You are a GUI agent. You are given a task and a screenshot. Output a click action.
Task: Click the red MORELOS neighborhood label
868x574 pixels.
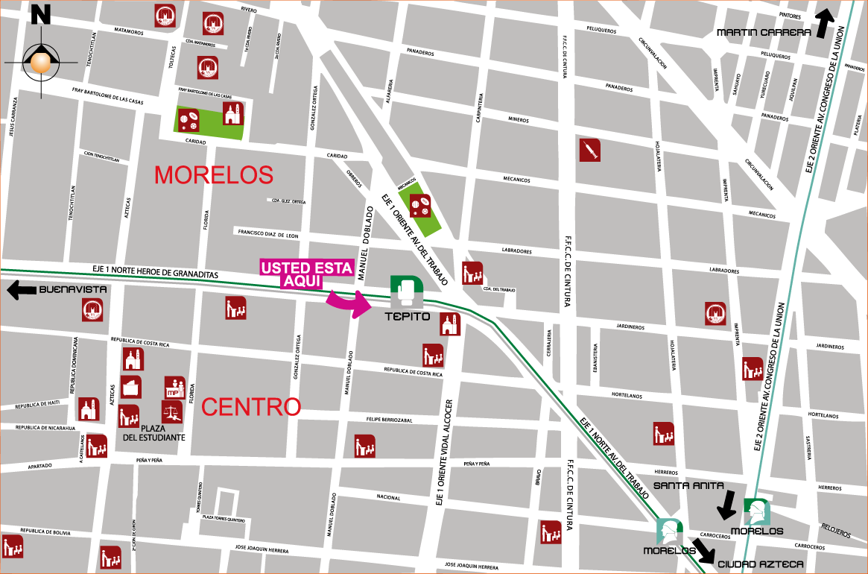pyautogui.click(x=214, y=175)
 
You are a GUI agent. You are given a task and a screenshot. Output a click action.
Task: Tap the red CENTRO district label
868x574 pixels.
pyautogui.click(x=251, y=407)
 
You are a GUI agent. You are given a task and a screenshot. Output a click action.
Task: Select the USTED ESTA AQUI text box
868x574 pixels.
pyautogui.click(x=305, y=274)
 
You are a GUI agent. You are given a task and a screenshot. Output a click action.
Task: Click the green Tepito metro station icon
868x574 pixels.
pyautogui.click(x=407, y=291)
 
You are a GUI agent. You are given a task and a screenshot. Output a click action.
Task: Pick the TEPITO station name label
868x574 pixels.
pyautogui.click(x=408, y=316)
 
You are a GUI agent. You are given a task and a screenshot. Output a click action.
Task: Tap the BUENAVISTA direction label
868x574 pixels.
pyautogui.click(x=73, y=289)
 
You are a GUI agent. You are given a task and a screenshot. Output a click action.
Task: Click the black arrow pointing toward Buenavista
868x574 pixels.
pyautogui.click(x=21, y=290)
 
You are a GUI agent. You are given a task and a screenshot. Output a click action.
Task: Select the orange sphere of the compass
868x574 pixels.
pyautogui.click(x=41, y=61)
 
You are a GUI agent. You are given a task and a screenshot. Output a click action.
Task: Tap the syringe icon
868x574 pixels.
pyautogui.click(x=590, y=150)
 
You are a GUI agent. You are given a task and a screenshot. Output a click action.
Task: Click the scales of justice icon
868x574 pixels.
pyautogui.click(x=172, y=411)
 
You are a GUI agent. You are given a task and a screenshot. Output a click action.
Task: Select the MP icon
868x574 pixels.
pyautogui.click(x=174, y=387)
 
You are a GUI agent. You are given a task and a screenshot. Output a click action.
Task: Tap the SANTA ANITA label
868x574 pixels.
pyautogui.click(x=688, y=485)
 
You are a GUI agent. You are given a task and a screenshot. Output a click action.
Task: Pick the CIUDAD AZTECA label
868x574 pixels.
pyautogui.click(x=760, y=564)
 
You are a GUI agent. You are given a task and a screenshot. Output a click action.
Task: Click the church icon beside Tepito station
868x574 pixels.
pyautogui.click(x=450, y=325)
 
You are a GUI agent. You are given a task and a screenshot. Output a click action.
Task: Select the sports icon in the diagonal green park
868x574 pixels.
pyautogui.click(x=420, y=206)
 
